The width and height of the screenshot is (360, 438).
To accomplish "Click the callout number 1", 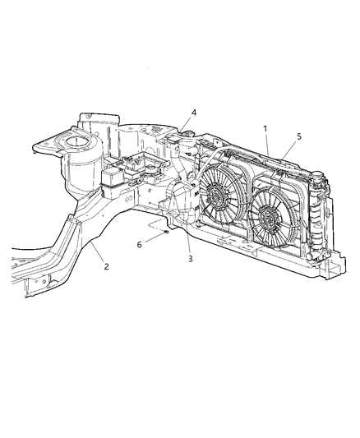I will tap(265, 128).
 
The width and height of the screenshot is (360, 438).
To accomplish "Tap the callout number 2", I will tap(105, 265).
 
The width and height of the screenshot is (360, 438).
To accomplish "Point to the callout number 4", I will tap(194, 113).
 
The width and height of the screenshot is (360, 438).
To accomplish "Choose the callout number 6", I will tap(139, 243).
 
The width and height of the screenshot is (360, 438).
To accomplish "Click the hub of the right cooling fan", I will tap(267, 217).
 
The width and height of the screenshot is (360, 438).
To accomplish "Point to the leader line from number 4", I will tap(187, 122).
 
